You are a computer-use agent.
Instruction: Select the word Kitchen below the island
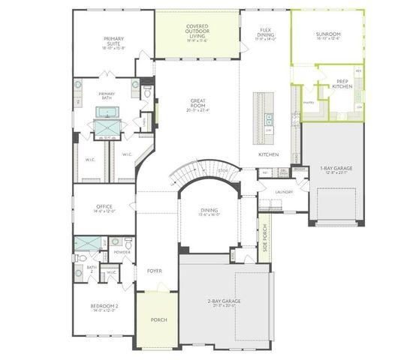tap(269, 154)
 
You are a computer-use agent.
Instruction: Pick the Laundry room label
tap(284, 192)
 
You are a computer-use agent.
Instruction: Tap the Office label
tap(104, 208)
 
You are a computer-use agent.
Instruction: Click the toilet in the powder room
tap(129, 244)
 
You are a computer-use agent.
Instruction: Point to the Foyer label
tap(155, 271)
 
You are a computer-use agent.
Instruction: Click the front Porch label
tap(159, 320)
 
